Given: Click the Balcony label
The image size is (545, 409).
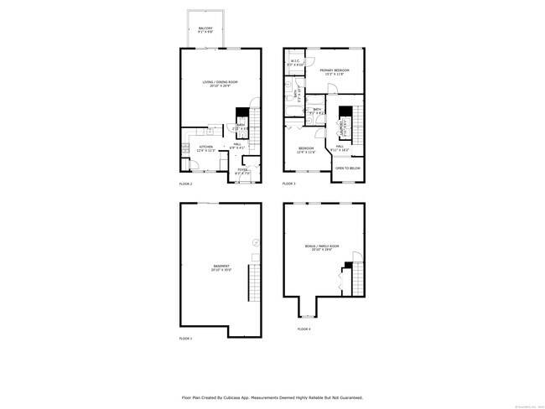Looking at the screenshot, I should (x=205, y=29).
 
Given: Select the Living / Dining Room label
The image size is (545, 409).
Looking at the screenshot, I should (x=220, y=82).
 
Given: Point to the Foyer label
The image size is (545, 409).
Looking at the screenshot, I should (x=242, y=171).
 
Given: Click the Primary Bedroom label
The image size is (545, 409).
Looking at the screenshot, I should (x=335, y=70).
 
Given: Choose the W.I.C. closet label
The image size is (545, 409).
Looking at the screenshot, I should (x=295, y=61).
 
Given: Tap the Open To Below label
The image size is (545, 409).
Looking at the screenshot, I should (x=348, y=168).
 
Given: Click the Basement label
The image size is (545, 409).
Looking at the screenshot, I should (x=221, y=268).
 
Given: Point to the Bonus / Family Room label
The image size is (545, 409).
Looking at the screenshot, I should (x=322, y=247).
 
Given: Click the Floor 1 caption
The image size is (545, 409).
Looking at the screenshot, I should (x=185, y=338).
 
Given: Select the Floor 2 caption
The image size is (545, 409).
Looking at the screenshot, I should (x=185, y=184).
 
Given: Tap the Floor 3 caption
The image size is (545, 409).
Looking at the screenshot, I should (x=288, y=184).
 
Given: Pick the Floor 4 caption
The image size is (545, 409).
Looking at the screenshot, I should (x=304, y=329).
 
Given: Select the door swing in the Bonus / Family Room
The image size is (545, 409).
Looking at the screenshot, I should (x=358, y=255).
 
